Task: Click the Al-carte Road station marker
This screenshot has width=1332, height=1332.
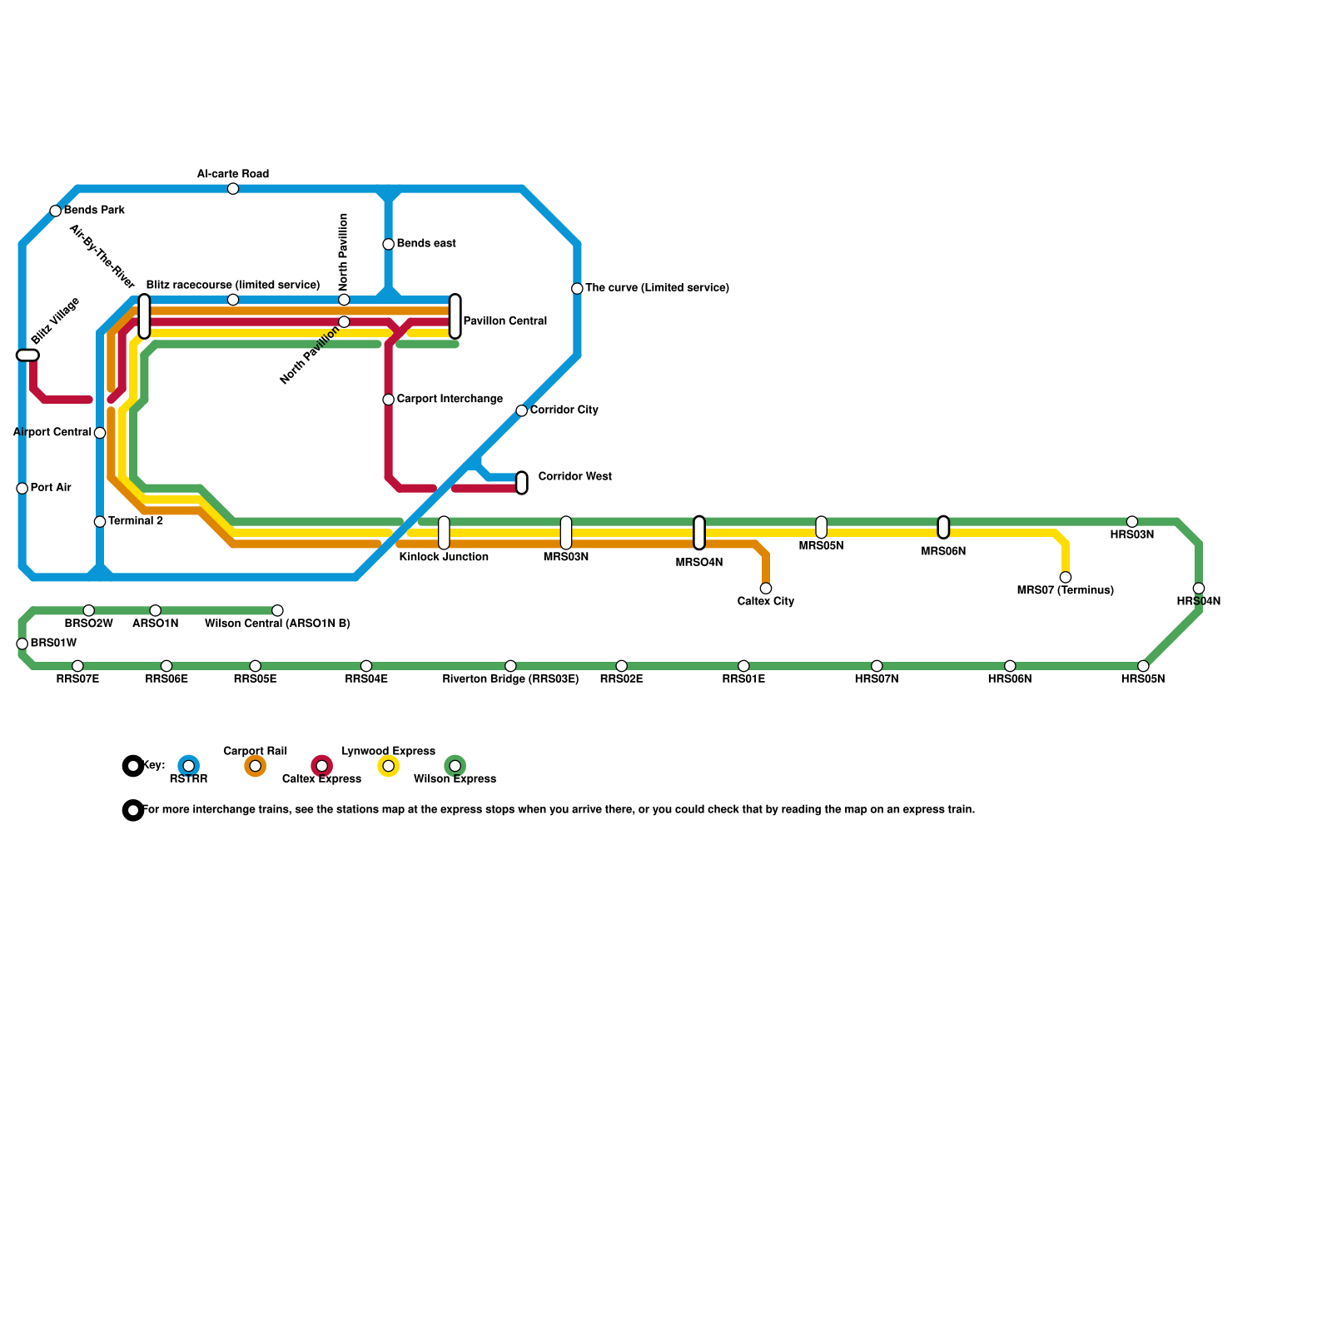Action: pyautogui.click(x=233, y=189)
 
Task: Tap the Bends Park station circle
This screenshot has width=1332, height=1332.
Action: pyautogui.click(x=56, y=211)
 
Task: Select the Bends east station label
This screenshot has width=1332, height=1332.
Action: pyautogui.click(x=425, y=244)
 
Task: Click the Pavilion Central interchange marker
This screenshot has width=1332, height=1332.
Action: pyautogui.click(x=455, y=316)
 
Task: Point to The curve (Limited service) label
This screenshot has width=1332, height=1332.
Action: pyautogui.click(x=657, y=288)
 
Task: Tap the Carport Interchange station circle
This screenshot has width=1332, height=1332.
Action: pyautogui.click(x=389, y=400)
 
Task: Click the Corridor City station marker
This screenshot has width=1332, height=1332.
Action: pyautogui.click(x=522, y=410)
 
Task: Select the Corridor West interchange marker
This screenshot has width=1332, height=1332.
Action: pyautogui.click(x=522, y=483)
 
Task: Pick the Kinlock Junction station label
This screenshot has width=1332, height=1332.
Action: pyautogui.click(x=444, y=557)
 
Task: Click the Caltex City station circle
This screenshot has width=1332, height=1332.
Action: pyautogui.click(x=766, y=589)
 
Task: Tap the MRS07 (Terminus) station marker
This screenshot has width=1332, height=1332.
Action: pyautogui.click(x=1066, y=578)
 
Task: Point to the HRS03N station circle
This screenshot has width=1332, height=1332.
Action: pyautogui.click(x=1132, y=522)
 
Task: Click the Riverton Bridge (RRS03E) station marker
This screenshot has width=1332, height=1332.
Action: pyautogui.click(x=510, y=666)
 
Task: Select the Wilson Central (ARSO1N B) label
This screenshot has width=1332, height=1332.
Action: pyautogui.click(x=277, y=624)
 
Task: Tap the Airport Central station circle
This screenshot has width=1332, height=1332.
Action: pyautogui.click(x=100, y=433)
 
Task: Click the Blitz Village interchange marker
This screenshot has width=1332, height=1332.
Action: pyautogui.click(x=27, y=355)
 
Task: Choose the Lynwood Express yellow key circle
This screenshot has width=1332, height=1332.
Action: pyautogui.click(x=389, y=766)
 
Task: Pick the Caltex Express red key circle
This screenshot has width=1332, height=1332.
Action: pyautogui.click(x=322, y=766)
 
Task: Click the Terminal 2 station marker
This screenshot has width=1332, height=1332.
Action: pyautogui.click(x=100, y=522)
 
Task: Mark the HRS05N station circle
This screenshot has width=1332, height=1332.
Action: pyautogui.click(x=1143, y=666)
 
